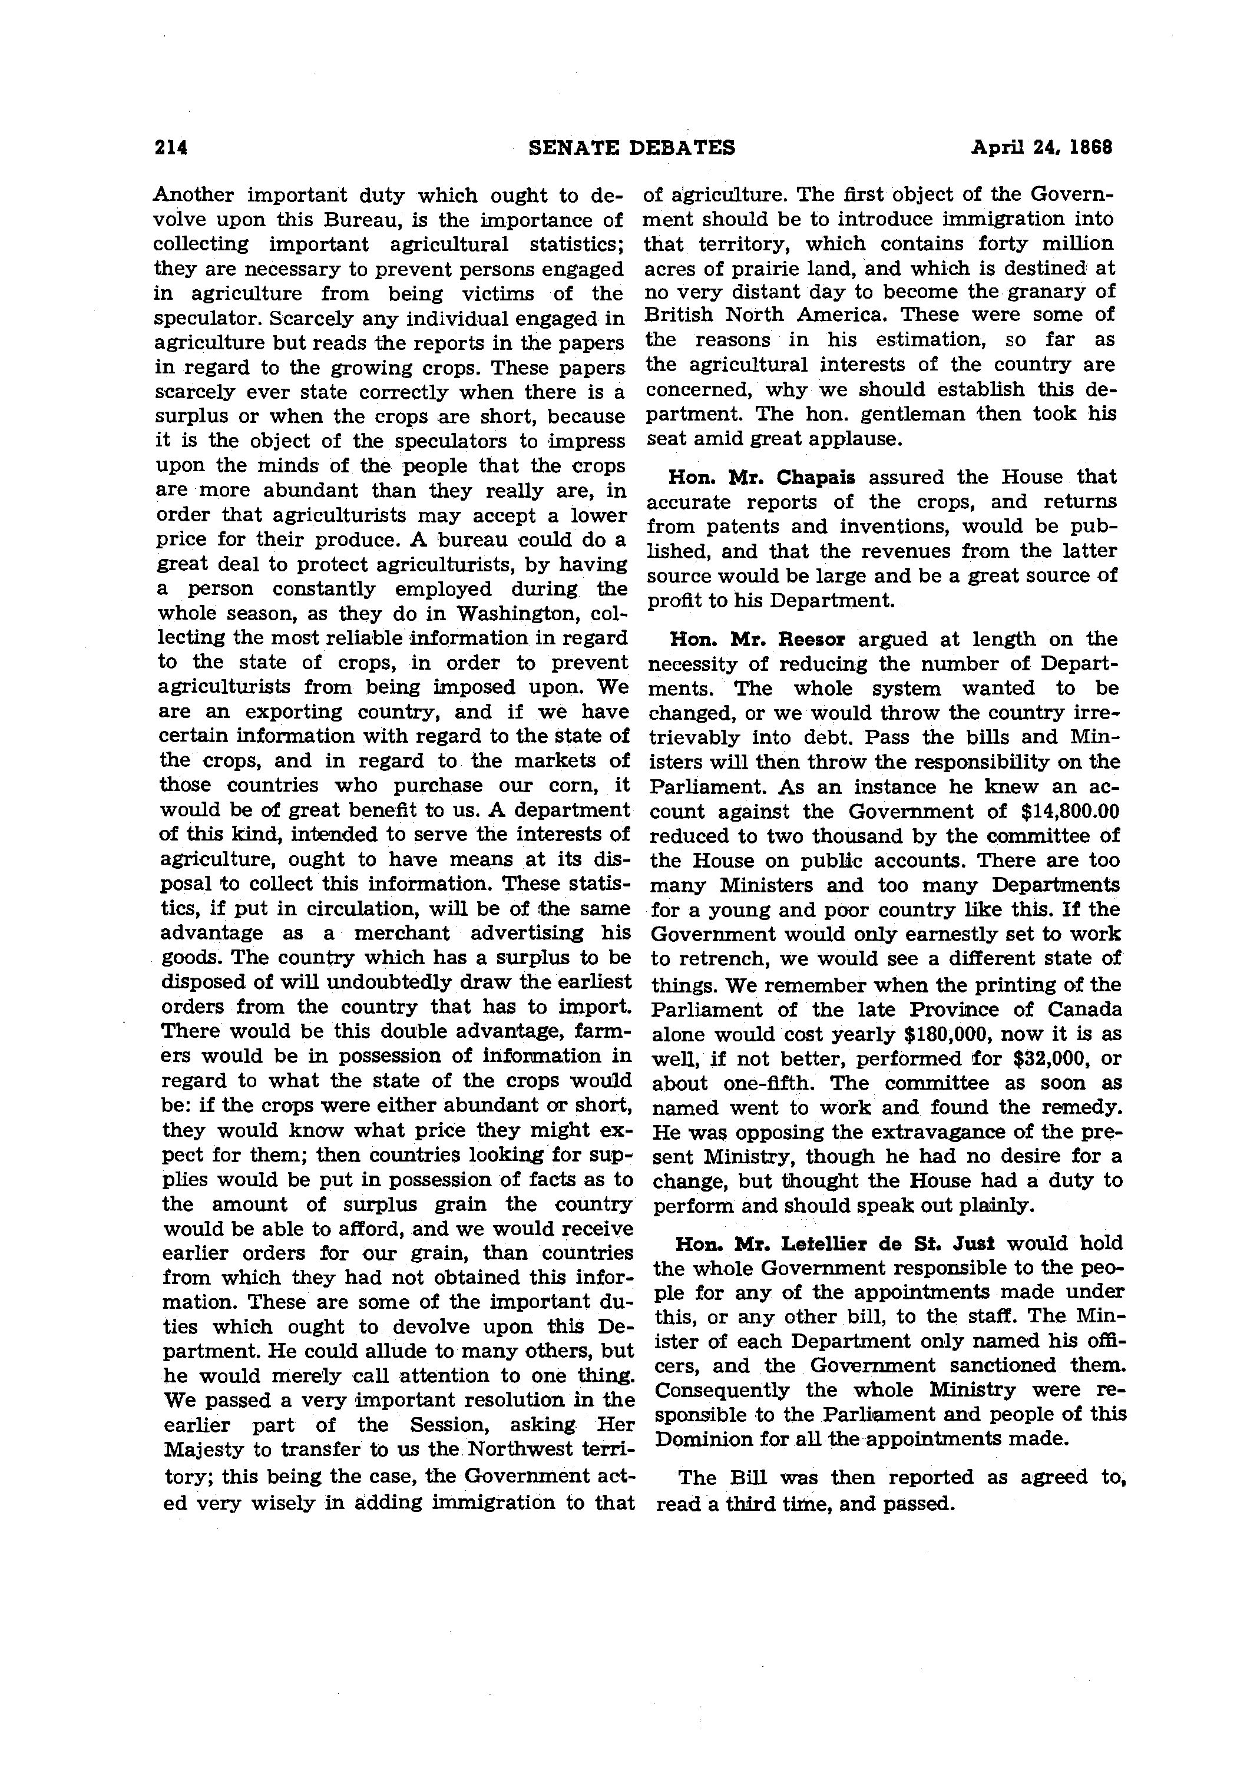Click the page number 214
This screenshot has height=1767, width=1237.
pos(171,147)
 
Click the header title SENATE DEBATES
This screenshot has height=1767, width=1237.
pos(632,147)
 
